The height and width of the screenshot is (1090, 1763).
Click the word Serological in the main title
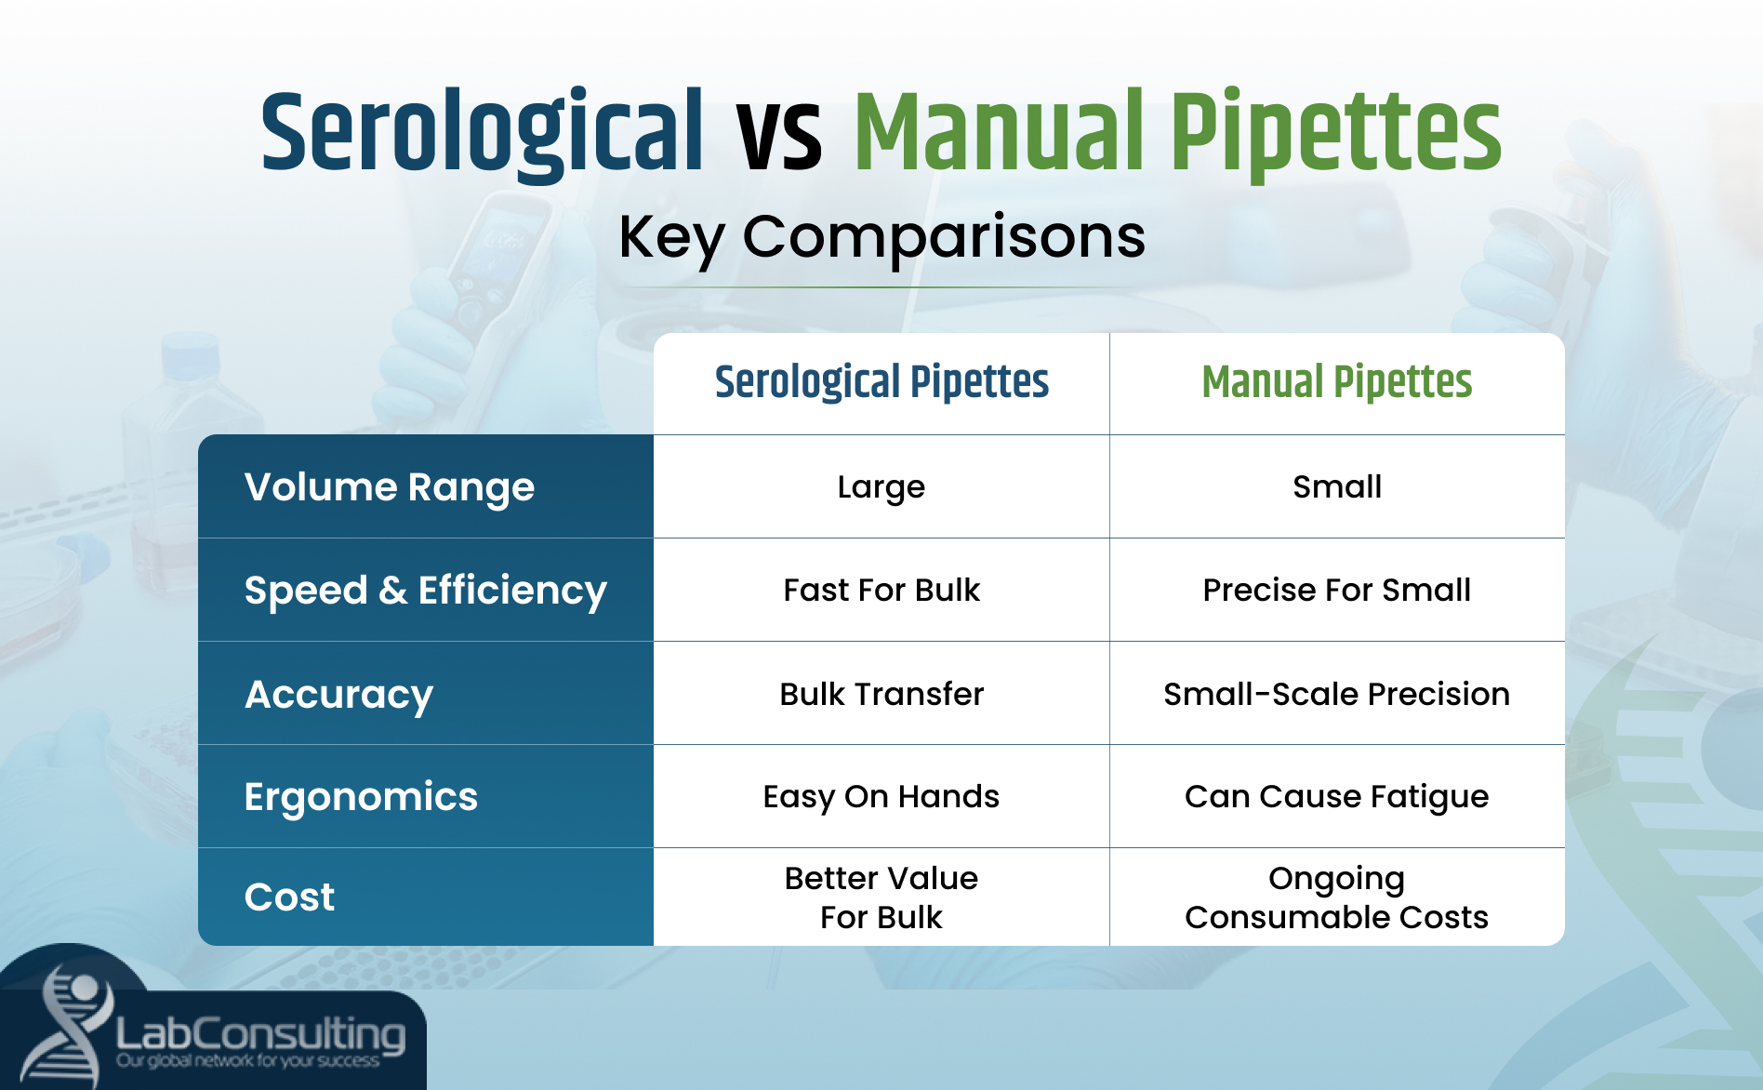click(x=482, y=135)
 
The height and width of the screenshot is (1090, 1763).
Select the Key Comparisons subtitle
click(x=881, y=236)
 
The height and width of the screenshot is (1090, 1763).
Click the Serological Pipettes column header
click(x=881, y=382)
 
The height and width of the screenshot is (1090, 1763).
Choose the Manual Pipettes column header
click(x=1336, y=382)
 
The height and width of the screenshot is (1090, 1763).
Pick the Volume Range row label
click(x=390, y=487)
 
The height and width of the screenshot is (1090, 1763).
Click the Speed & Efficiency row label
click(x=425, y=591)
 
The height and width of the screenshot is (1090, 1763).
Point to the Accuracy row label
click(x=338, y=694)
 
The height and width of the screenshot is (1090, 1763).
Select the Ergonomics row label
click(x=361, y=797)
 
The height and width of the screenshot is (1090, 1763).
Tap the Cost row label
click(x=289, y=897)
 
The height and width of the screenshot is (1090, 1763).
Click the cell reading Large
click(x=881, y=487)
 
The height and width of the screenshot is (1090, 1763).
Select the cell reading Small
click(x=1336, y=487)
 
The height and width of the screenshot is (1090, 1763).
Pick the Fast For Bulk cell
click(x=881, y=591)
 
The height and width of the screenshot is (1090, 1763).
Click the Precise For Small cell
click(x=1336, y=591)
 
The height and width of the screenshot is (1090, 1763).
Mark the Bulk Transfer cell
click(x=881, y=694)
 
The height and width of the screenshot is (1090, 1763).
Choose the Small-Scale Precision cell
click(x=1336, y=694)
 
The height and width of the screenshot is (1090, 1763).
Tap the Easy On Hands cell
click(x=881, y=797)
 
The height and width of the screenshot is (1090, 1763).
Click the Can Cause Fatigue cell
click(x=1336, y=797)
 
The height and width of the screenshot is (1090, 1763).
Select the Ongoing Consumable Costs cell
click(x=1336, y=897)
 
